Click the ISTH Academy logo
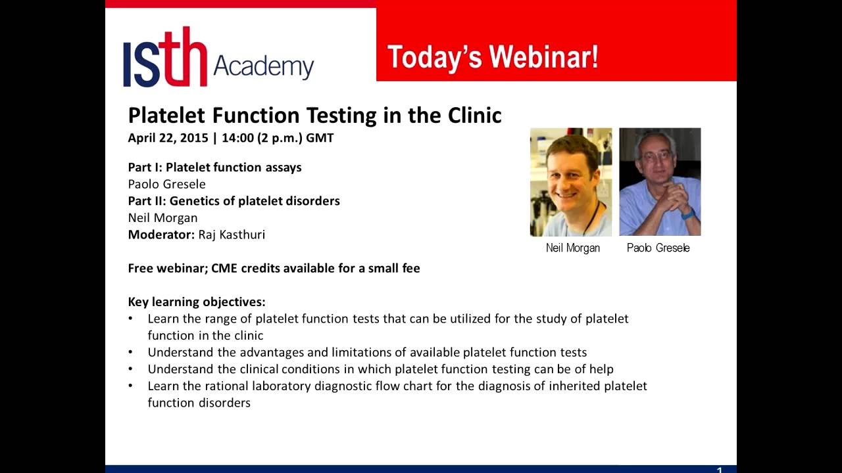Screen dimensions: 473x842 tap(218, 57)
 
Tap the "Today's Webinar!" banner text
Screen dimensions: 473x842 tap(493, 57)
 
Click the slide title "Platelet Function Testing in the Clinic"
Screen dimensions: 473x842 tap(314, 115)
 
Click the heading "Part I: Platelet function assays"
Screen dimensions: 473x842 tap(214, 167)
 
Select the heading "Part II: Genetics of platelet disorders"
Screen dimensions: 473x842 tap(234, 201)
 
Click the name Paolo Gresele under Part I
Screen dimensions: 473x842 tap(166, 184)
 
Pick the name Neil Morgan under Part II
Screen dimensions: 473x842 tap(162, 217)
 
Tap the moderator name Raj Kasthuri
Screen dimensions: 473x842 tap(232, 235)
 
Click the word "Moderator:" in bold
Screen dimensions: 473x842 tap(161, 235)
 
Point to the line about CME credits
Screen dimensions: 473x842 tap(274, 268)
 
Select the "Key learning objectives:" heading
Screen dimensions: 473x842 tap(197, 302)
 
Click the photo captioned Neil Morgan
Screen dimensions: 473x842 tap(570, 182)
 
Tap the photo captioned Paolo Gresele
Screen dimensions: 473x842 tap(660, 182)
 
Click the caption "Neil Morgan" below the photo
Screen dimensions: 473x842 tap(572, 248)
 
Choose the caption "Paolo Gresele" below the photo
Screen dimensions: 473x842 tap(658, 248)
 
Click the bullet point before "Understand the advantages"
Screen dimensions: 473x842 tap(131, 352)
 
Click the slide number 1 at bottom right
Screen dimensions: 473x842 tap(719, 470)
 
